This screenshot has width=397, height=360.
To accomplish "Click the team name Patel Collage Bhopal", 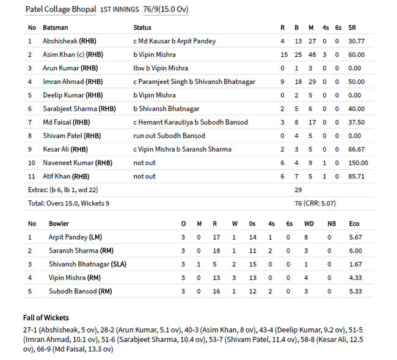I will pyautogui.click(x=60, y=10).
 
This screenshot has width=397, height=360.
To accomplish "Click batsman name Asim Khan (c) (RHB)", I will pyautogui.click(x=70, y=55).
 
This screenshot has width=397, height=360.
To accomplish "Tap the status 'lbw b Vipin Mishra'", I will pyautogui.click(x=161, y=68).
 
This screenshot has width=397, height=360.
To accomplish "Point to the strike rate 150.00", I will pyautogui.click(x=357, y=163).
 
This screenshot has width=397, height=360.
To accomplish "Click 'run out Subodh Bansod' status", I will pyautogui.click(x=169, y=136).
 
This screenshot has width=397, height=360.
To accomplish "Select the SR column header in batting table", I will pyautogui.click(x=352, y=28).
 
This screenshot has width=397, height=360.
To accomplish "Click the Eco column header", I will pyautogui.click(x=354, y=224).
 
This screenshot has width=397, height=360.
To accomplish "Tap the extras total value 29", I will pyautogui.click(x=299, y=190).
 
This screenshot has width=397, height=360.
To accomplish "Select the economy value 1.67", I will pyautogui.click(x=354, y=264).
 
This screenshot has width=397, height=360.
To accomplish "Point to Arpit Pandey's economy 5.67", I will pyautogui.click(x=354, y=237).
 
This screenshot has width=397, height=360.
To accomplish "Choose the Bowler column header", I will pyautogui.click(x=59, y=224).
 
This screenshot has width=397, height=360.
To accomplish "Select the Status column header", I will pyautogui.click(x=142, y=28).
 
